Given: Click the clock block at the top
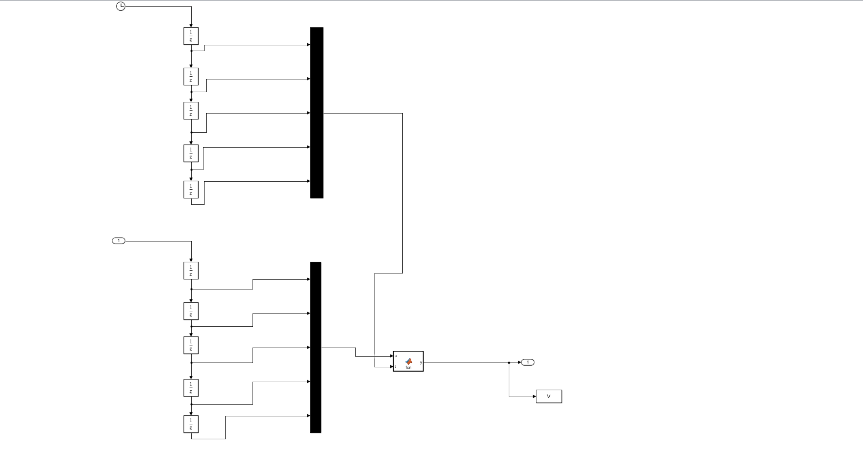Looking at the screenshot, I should [x=121, y=6].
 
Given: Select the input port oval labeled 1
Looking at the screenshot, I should [x=118, y=241].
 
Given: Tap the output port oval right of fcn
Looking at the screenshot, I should [x=527, y=363].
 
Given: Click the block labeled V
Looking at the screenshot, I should [x=549, y=397].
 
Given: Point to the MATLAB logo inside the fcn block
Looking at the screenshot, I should [x=409, y=361].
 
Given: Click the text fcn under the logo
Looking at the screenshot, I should [x=409, y=367].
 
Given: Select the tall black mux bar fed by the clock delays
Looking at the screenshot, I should [x=316, y=112].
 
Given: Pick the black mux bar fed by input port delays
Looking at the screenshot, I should [x=315, y=347].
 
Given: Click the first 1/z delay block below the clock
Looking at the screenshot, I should [x=191, y=36].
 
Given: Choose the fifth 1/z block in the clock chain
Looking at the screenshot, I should [x=191, y=189].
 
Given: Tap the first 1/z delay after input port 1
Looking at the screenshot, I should [x=191, y=270].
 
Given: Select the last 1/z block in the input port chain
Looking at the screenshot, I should [x=191, y=424].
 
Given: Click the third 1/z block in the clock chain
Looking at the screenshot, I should [x=191, y=110].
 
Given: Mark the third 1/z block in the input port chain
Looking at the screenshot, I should [x=191, y=345].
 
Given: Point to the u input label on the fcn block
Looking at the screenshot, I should [x=396, y=356].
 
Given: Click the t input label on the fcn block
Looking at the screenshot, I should [x=395, y=366].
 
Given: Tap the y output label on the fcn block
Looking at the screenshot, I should [x=421, y=363].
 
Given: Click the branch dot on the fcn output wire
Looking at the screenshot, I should [x=509, y=363].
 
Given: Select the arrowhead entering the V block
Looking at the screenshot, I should [x=534, y=397].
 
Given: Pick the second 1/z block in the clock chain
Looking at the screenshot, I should [x=191, y=76].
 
